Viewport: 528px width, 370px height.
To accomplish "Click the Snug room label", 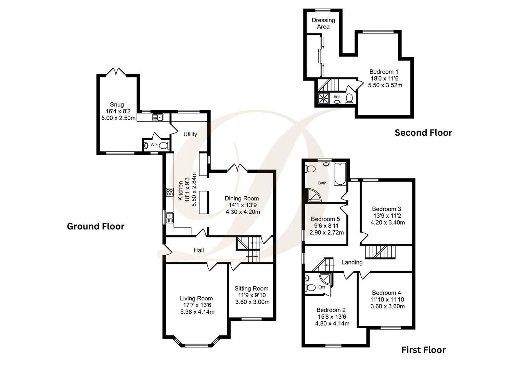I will click(x=117, y=104).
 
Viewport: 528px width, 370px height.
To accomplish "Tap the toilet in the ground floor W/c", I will click(x=164, y=145).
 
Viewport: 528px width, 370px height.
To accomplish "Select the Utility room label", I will click(x=190, y=134).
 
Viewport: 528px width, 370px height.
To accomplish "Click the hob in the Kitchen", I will click(x=169, y=192).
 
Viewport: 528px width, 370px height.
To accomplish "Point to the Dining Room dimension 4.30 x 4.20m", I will click(x=243, y=212).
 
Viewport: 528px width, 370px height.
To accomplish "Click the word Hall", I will click(x=198, y=250).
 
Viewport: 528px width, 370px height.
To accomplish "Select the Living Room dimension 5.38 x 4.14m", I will click(x=197, y=312).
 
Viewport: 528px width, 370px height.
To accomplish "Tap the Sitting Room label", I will click(x=251, y=288).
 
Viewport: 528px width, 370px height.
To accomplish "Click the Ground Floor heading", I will click(x=95, y=226).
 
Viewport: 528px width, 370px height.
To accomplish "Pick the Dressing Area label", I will click(x=323, y=23).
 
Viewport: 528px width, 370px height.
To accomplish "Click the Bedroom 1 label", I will click(x=384, y=72).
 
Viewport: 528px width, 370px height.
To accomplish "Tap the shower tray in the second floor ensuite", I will click(x=323, y=98).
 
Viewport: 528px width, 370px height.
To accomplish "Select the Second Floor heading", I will click(x=423, y=133).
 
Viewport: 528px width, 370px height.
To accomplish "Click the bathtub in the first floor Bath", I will click(x=340, y=174).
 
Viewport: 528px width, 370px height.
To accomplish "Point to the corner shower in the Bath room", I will click(x=313, y=195).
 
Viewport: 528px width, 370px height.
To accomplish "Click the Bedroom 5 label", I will click(x=325, y=219).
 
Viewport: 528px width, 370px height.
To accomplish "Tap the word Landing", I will click(x=352, y=262).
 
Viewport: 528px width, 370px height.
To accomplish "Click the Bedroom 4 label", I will click(x=386, y=293).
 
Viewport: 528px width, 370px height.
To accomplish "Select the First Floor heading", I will click(x=423, y=350).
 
